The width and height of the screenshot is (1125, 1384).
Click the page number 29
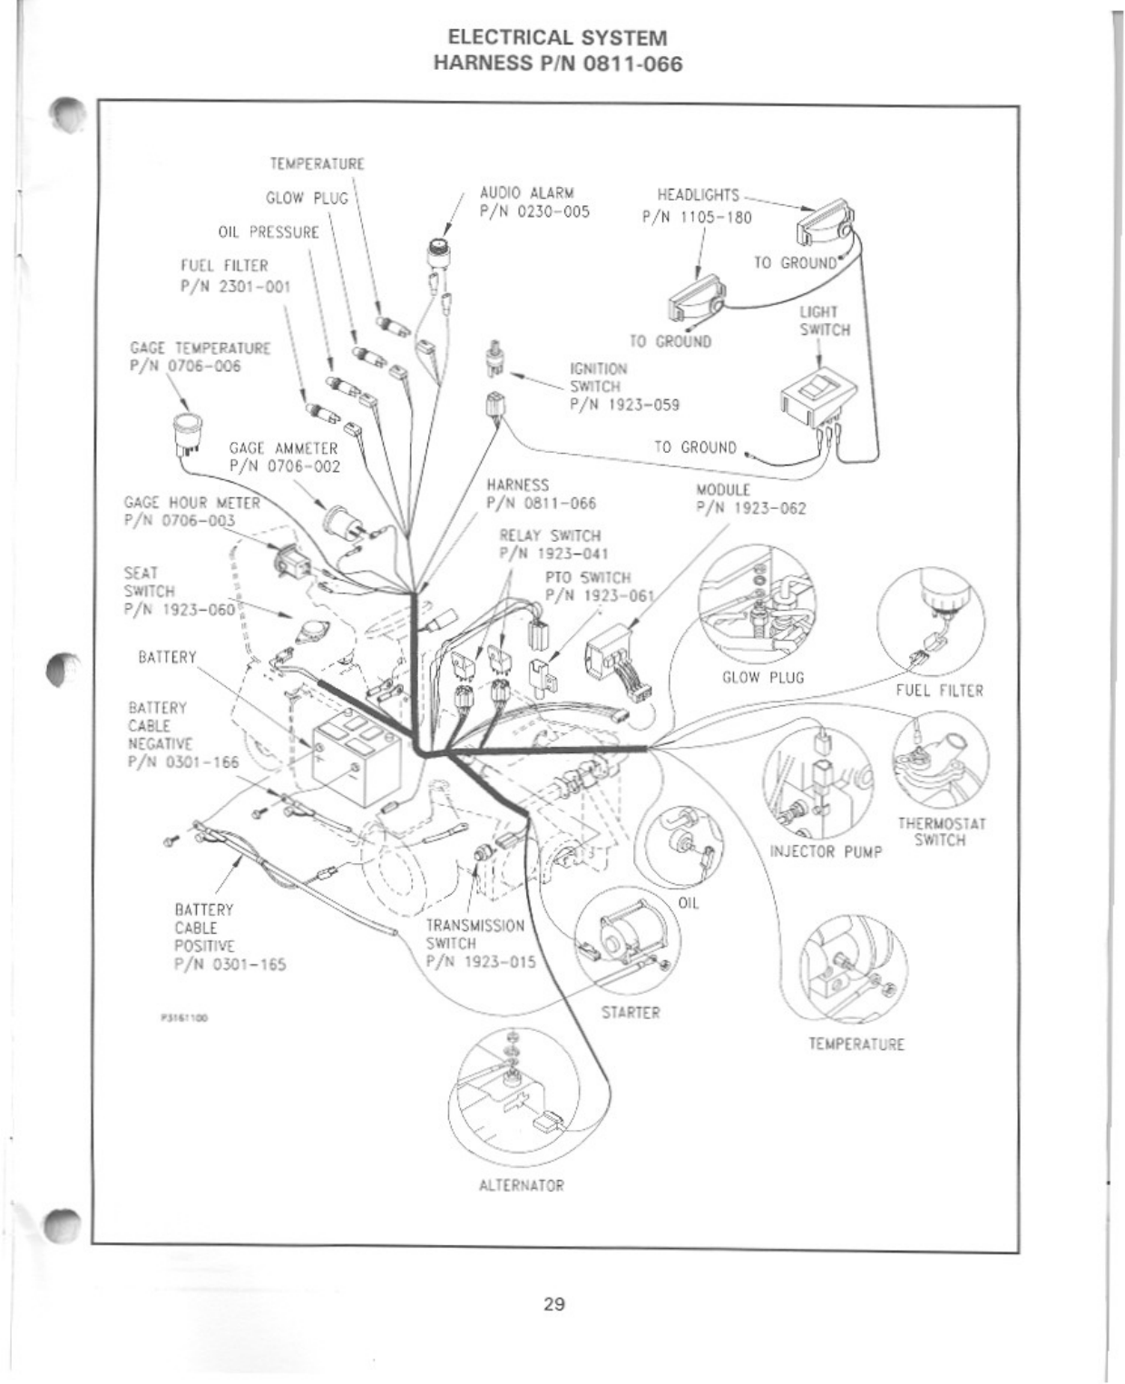(554, 1304)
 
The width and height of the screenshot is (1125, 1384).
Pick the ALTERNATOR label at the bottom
(521, 1185)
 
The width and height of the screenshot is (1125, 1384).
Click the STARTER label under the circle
(631, 1012)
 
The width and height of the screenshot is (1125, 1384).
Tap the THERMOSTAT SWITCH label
(941, 832)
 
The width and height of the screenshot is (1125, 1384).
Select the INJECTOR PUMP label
(826, 852)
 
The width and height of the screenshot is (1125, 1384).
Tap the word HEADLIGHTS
(698, 195)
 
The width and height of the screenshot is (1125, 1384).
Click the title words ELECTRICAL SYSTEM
(558, 38)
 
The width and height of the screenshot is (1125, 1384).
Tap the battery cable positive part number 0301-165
(230, 964)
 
